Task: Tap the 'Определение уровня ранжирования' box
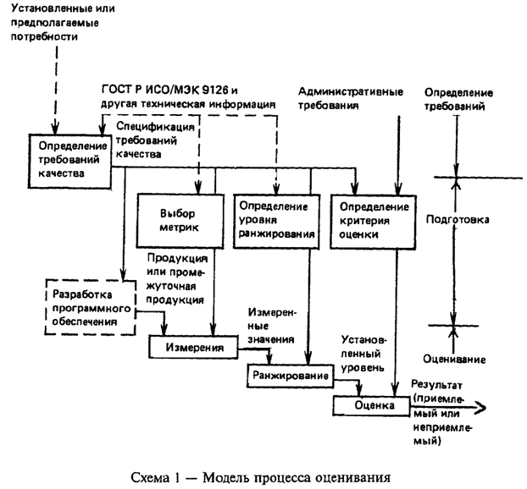276,221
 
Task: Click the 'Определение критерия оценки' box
373,222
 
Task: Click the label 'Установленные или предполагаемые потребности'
58,25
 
